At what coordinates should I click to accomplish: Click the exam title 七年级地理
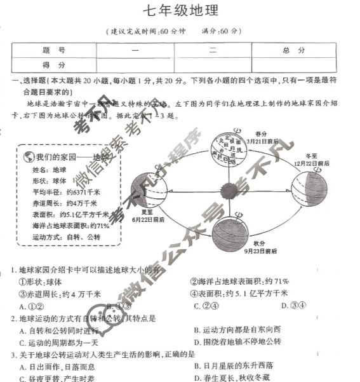[x=180, y=11]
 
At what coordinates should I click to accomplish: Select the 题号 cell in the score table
[x=54, y=50]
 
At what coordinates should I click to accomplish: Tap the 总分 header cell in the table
[x=294, y=50]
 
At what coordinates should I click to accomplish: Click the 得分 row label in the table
[x=54, y=65]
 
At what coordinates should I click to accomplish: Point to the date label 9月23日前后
[x=260, y=252]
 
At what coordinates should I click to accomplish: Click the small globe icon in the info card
[x=28, y=157]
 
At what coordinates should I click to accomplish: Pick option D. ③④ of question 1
[x=293, y=304]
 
